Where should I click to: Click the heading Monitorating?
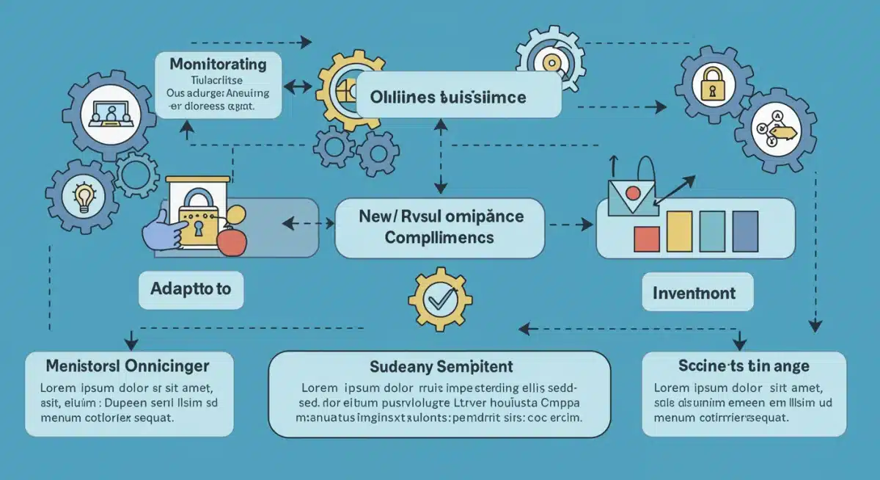pyautogui.click(x=218, y=64)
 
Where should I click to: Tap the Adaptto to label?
pyautogui.click(x=191, y=288)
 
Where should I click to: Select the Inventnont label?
pyautogui.click(x=693, y=293)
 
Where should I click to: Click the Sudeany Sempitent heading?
pyautogui.click(x=440, y=366)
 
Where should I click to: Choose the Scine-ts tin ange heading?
pyautogui.click(x=743, y=365)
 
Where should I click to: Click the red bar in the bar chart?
pyautogui.click(x=646, y=239)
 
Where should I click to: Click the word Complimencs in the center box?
pyautogui.click(x=439, y=238)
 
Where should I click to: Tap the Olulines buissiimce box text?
pyautogui.click(x=448, y=98)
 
